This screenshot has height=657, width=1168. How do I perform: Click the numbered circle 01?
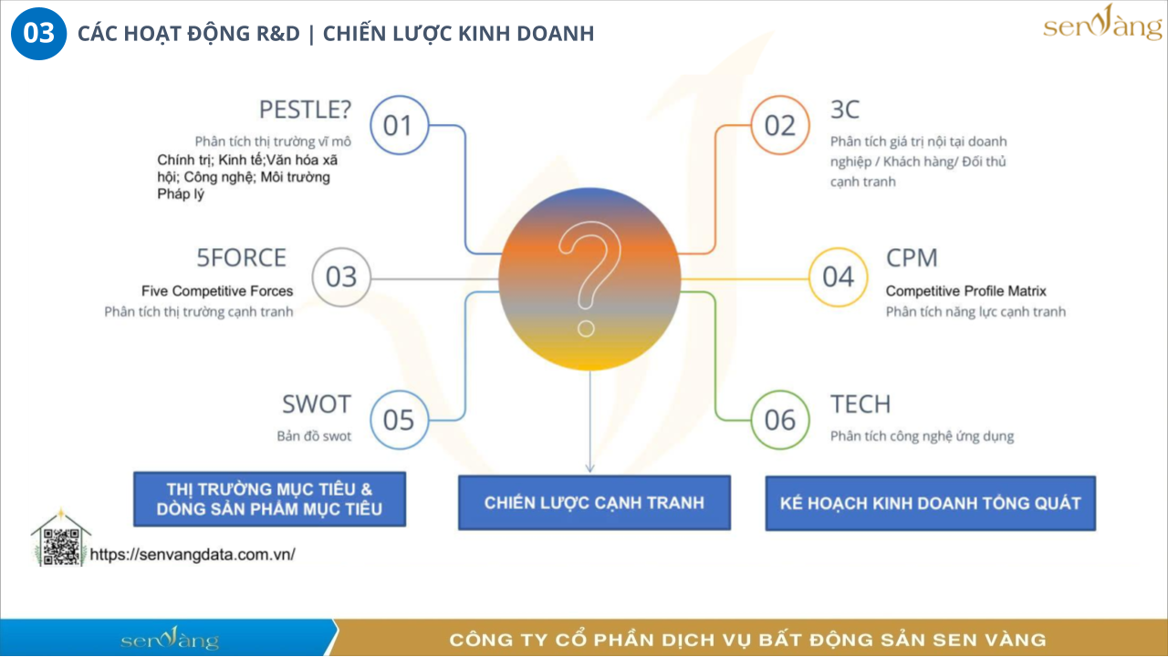tap(399, 125)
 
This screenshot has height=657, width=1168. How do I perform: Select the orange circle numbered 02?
tap(779, 125)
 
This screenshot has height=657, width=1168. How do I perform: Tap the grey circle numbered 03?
tap(341, 276)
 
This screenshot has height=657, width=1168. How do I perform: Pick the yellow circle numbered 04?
tap(838, 276)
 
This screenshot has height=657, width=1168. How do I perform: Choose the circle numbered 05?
tap(399, 420)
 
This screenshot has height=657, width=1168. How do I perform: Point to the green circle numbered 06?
tap(779, 420)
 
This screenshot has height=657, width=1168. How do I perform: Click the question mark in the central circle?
tap(589, 278)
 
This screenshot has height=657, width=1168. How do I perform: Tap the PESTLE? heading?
tap(305, 109)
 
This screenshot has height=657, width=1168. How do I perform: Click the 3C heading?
tap(845, 109)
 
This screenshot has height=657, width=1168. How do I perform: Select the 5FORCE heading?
tap(241, 258)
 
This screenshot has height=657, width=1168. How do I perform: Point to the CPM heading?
tap(912, 258)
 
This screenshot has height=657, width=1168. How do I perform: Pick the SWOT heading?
tap(316, 404)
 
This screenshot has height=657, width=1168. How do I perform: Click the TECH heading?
tap(860, 404)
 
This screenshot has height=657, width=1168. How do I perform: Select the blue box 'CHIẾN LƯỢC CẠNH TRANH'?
tap(594, 502)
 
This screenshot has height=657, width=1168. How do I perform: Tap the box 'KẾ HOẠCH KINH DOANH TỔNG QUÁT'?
tap(930, 503)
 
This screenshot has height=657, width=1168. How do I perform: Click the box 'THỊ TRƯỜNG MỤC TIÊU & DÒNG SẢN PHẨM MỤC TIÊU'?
tap(269, 499)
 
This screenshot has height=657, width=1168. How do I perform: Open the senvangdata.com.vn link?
tap(193, 554)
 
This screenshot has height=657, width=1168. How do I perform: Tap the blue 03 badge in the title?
tap(38, 34)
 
